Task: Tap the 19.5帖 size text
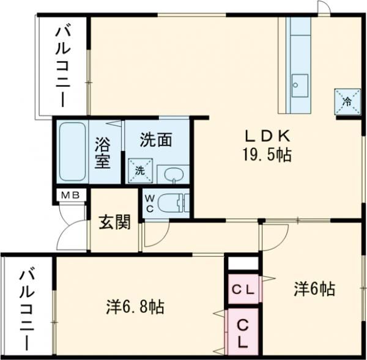(264, 155)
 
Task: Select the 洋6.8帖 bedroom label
(134, 306)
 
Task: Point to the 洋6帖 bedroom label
(314, 288)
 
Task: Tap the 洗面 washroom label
(155, 140)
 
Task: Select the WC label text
(150, 202)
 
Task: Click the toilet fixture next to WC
(176, 202)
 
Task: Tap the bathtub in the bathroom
(72, 151)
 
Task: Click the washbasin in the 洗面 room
(173, 174)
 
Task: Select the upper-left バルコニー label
(63, 65)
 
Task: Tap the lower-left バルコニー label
(26, 308)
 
